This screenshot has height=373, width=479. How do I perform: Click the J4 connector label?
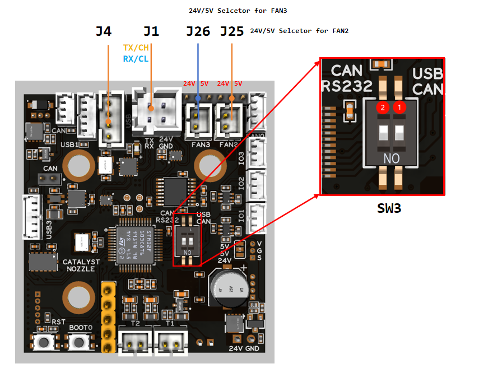click(x=103, y=31)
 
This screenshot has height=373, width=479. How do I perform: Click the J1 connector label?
click(x=151, y=31)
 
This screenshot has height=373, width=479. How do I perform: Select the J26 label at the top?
click(x=198, y=31)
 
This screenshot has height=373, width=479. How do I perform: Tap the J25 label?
click(x=232, y=31)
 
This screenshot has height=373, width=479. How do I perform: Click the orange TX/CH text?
click(x=136, y=48)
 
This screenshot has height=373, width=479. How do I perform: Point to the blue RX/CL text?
click(x=136, y=58)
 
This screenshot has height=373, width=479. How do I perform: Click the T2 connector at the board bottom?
click(x=134, y=340)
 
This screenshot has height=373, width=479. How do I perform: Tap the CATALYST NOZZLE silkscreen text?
click(x=81, y=265)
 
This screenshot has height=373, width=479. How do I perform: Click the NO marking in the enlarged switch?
click(x=391, y=159)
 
